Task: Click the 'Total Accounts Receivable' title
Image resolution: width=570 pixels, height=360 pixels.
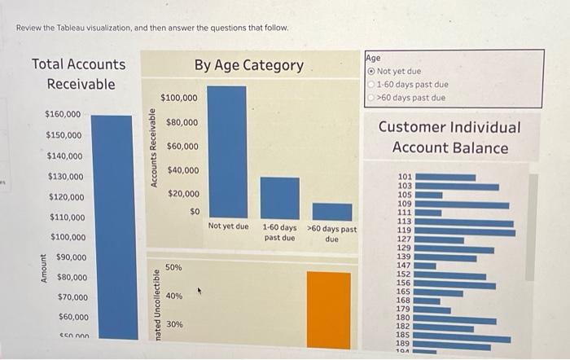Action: [79, 74]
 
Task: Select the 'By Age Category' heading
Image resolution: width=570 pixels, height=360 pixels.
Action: [248, 65]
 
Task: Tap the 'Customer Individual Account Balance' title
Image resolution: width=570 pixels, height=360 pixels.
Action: [449, 138]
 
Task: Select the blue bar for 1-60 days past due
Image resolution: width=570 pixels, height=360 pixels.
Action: [279, 198]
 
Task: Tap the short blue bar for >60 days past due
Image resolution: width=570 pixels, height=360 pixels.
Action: [331, 212]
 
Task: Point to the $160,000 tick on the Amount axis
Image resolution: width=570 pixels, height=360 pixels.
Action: [63, 114]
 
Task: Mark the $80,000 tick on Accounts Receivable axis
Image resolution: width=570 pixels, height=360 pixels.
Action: [182, 122]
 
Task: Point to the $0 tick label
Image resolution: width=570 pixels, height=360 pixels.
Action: [194, 212]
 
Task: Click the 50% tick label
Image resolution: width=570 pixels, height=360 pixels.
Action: [173, 267]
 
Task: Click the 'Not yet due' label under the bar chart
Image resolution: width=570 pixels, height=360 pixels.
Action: [228, 226]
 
